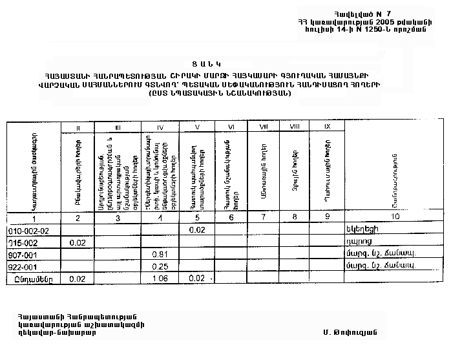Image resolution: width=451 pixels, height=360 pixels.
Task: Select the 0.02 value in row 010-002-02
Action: click(197, 230)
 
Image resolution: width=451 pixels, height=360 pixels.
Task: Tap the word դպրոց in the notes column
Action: click(357, 242)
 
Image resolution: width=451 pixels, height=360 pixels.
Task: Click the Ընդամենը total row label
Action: click(29, 279)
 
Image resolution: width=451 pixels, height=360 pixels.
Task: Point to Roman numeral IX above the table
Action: click(328, 125)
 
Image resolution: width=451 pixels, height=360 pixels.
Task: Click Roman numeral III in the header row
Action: click(118, 125)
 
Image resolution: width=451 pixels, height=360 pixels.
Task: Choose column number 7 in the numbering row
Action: click(262, 217)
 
